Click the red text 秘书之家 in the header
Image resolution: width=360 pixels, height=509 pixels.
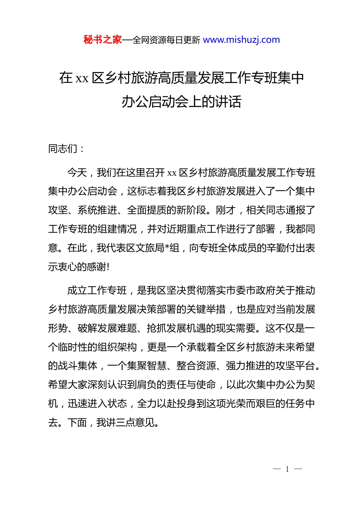(103, 40)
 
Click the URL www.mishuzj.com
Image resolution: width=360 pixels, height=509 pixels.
(241, 40)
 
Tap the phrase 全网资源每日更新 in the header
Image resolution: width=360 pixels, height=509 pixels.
(166, 40)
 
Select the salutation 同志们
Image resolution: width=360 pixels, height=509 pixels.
(63, 149)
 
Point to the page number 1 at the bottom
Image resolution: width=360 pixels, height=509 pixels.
(287, 469)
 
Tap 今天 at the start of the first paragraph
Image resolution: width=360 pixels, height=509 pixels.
(77, 173)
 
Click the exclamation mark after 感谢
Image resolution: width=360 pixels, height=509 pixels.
(108, 267)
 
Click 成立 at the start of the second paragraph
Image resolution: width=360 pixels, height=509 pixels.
(77, 290)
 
